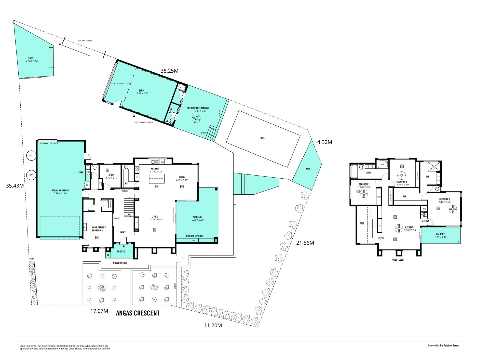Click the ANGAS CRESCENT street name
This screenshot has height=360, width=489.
[x=138, y=313]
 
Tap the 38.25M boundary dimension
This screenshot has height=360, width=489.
[x=169, y=71]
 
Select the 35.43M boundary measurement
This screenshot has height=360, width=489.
[x=15, y=186]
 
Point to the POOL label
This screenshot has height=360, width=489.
[x=262, y=138]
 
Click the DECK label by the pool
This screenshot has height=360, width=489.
[x=308, y=169]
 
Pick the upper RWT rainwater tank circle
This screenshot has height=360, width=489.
[x=31, y=155]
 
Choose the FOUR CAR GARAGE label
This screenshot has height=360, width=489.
[x=60, y=190]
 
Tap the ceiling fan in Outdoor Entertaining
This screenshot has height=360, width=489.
[x=196, y=119]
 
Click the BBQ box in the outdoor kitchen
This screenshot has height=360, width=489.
[x=194, y=240]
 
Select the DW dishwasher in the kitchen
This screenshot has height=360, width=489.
[x=162, y=162]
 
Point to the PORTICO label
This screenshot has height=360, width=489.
[x=121, y=251]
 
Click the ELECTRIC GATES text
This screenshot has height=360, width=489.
[x=85, y=41]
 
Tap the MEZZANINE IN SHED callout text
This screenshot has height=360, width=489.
[x=144, y=123]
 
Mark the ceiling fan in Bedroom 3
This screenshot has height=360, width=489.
[x=402, y=176]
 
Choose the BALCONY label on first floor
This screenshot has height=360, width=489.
[x=440, y=234]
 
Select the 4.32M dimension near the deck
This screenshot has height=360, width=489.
[x=324, y=142]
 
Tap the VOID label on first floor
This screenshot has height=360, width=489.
[x=362, y=223]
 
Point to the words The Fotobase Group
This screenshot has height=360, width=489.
[x=449, y=345]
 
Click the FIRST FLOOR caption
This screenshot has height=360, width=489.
[x=398, y=260]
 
